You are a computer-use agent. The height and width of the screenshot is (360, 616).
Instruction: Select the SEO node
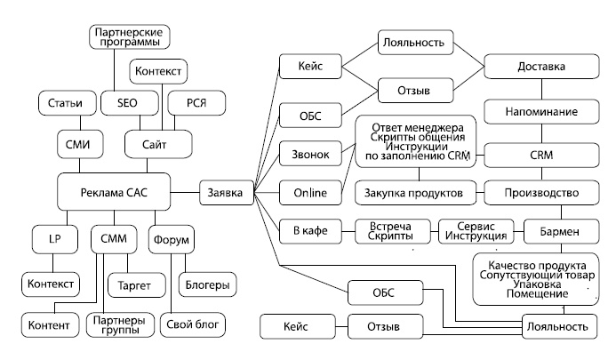click(x=128, y=103)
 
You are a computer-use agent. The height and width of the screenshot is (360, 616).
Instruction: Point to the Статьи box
click(x=65, y=103)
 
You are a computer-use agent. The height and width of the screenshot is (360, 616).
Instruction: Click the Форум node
click(x=174, y=241)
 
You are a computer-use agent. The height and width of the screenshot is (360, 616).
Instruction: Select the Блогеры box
click(x=205, y=285)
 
